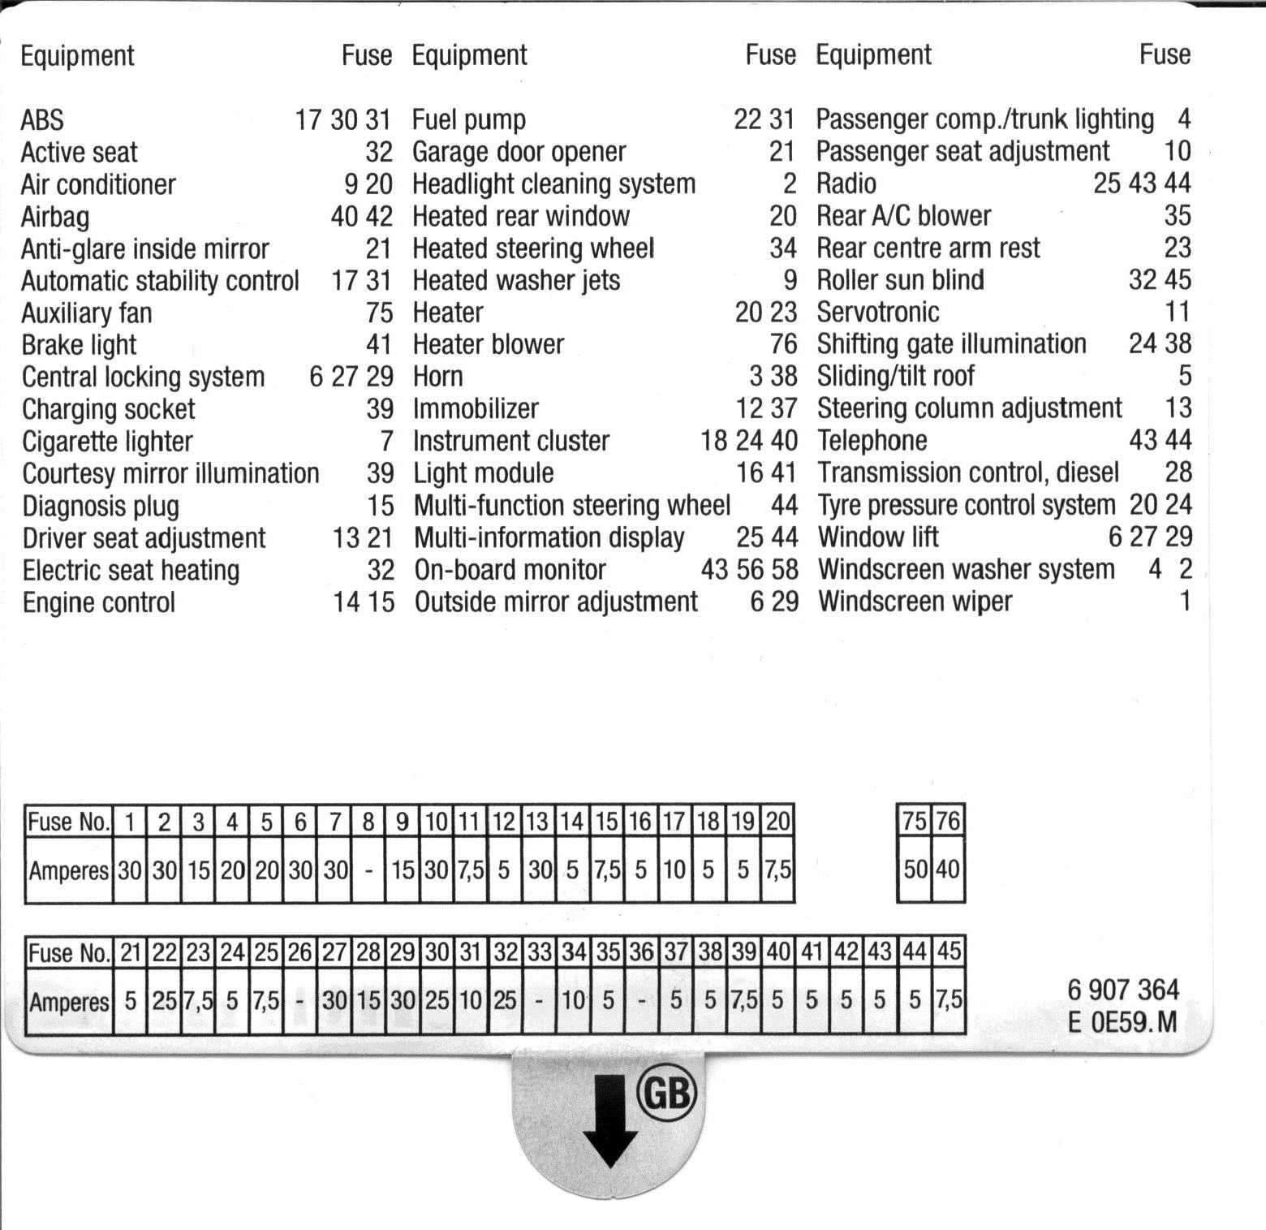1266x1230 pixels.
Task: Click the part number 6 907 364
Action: coord(1123,990)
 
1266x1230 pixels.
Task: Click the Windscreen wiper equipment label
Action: coord(915,602)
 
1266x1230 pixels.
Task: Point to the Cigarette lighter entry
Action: coord(107,442)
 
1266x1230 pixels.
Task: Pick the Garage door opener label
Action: coord(519,152)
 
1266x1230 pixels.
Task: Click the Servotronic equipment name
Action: coord(877,312)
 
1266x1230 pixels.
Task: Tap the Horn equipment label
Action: coord(438,377)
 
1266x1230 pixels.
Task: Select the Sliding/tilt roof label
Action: coord(895,376)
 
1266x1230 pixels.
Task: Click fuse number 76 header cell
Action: coord(948,821)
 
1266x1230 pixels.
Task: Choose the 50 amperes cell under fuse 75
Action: coord(915,870)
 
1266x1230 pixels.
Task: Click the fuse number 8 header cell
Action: coord(368,822)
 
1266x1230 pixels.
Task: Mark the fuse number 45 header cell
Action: coord(949,951)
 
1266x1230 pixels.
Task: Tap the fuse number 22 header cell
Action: coord(164,952)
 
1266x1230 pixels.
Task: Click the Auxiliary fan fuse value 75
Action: coord(379,313)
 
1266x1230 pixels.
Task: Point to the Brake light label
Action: coord(79,345)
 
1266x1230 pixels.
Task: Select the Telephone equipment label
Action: coord(872,441)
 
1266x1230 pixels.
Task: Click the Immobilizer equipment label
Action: coord(476,408)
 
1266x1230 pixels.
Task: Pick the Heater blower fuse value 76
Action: coord(783,344)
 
